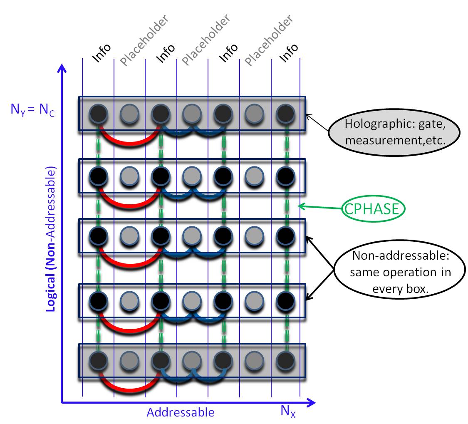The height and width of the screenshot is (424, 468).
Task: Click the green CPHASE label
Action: [x=373, y=209]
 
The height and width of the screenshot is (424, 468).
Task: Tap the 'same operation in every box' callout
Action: [x=401, y=273]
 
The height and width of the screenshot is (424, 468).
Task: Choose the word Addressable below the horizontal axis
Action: [x=181, y=412]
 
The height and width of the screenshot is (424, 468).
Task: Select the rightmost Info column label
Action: [x=289, y=53]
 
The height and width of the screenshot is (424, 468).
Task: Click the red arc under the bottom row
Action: [x=129, y=387]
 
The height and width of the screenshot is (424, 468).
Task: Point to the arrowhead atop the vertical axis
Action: [x=62, y=68]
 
